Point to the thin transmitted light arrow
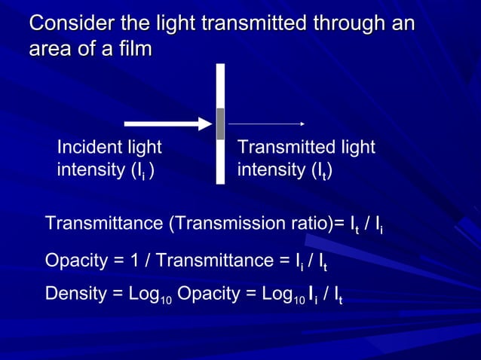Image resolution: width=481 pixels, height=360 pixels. click(266, 124)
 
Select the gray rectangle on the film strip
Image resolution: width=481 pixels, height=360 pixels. click(220, 124)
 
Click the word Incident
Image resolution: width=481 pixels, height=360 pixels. click(84, 148)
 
